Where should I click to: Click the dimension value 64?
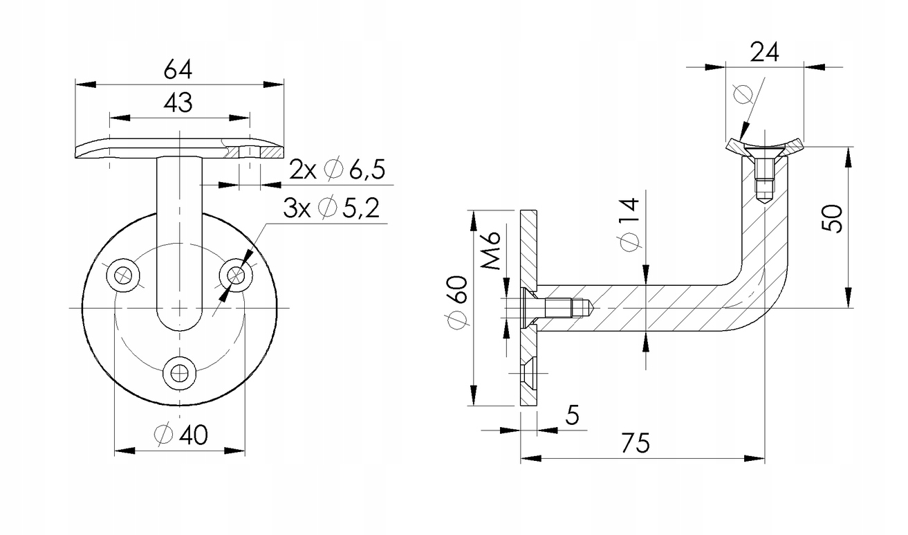coord(178,69)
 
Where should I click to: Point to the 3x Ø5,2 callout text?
coord(331,208)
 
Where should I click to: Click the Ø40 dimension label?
coord(181,435)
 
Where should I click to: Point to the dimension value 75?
coord(634,443)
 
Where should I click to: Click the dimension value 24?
coord(765,51)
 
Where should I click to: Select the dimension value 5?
coord(571,415)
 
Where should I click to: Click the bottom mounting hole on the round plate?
coord(179,373)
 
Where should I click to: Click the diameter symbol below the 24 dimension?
coord(742,93)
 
